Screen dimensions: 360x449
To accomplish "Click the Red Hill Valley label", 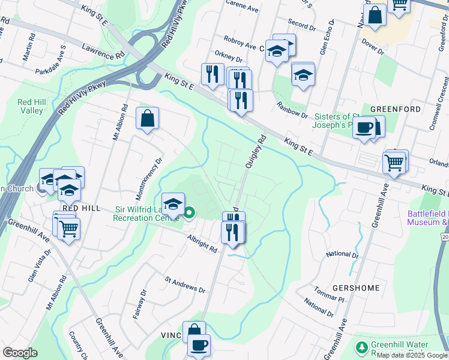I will tap(30, 106).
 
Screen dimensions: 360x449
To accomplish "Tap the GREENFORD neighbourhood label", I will tap(394, 109).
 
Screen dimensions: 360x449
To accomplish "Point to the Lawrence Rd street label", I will tap(103, 52).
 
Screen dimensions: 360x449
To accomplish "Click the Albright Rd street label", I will tap(200, 243).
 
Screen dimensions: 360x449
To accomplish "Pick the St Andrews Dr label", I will tap(185, 284).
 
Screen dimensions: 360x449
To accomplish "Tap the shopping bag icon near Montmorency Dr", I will tap(147, 118).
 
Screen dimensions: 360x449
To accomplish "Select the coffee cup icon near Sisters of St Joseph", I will tap(364, 128).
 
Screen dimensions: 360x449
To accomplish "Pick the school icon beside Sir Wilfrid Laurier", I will tap(173, 203).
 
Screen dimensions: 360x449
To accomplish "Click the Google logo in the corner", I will tap(20, 353).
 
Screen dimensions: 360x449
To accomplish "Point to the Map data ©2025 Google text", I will tap(412, 355).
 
